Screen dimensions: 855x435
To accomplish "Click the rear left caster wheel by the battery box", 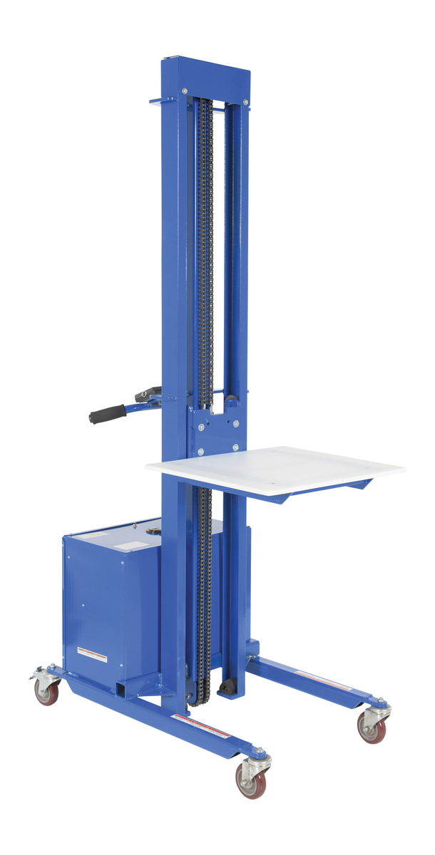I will tap(46, 689).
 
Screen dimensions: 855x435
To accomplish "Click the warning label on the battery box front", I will tap(92, 654).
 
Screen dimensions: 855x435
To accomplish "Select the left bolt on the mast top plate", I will tap(185, 91).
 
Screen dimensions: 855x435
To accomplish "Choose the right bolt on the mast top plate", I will tap(246, 102).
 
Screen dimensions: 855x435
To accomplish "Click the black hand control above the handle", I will tap(149, 393).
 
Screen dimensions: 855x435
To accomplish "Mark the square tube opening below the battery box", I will tap(126, 690).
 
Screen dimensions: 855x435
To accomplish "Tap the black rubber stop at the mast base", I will tap(227, 688).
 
